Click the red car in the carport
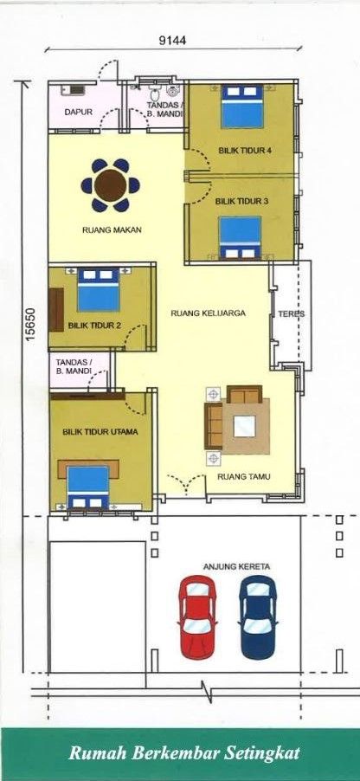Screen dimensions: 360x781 pyautogui.click(x=197, y=616)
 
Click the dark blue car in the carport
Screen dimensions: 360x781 pyautogui.click(x=257, y=616)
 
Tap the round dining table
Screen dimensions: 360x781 pyautogui.click(x=111, y=185)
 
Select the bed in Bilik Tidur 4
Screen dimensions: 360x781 pyautogui.click(x=242, y=106)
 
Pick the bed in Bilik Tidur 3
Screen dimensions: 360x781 pyautogui.click(x=241, y=237)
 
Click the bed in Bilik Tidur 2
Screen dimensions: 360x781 pyautogui.click(x=98, y=290)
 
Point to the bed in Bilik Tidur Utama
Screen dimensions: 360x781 pyautogui.click(x=88, y=487)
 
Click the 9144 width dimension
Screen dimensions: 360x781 pyautogui.click(x=173, y=41)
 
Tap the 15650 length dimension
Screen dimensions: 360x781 pyautogui.click(x=30, y=324)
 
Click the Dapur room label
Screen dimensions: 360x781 pyautogui.click(x=78, y=112)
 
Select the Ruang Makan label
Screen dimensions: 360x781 pyautogui.click(x=112, y=230)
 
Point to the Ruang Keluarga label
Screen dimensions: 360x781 pyautogui.click(x=209, y=313)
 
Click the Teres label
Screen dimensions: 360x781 pyautogui.click(x=292, y=314)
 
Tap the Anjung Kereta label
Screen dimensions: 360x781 pyautogui.click(x=236, y=567)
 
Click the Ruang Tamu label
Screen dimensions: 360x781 pyautogui.click(x=244, y=477)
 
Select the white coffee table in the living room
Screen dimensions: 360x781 pyautogui.click(x=245, y=426)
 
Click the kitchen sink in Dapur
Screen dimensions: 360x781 pyautogui.click(x=74, y=90)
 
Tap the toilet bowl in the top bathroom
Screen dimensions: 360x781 pyautogui.click(x=154, y=93)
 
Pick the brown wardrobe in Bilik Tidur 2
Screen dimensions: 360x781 pyautogui.click(x=56, y=309)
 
